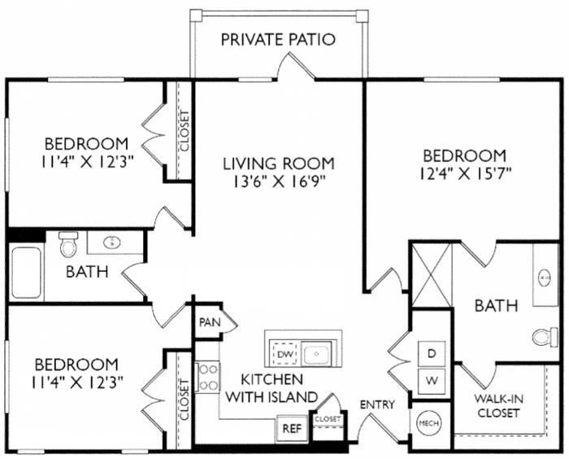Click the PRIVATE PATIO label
[278, 40]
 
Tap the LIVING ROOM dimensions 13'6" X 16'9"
[279, 181]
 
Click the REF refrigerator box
[292, 429]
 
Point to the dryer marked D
[432, 353]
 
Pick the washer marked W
[432, 381]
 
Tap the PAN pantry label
[208, 322]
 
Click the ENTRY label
[377, 404]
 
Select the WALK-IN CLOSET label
[498, 406]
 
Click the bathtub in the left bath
[26, 273]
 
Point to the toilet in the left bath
[67, 244]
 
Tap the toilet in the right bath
[545, 337]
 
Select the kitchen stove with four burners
[206, 378]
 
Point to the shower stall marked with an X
[432, 275]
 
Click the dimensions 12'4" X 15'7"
[466, 173]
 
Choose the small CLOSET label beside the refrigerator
[328, 419]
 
